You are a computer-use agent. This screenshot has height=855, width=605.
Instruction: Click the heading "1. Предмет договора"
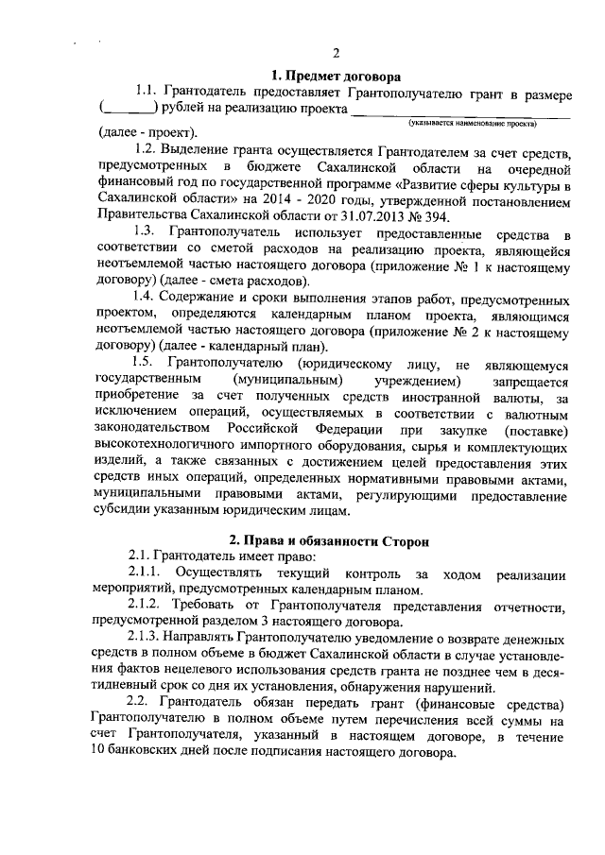coord(334,74)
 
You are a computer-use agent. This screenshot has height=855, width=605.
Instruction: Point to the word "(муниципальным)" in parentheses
coord(286,380)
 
